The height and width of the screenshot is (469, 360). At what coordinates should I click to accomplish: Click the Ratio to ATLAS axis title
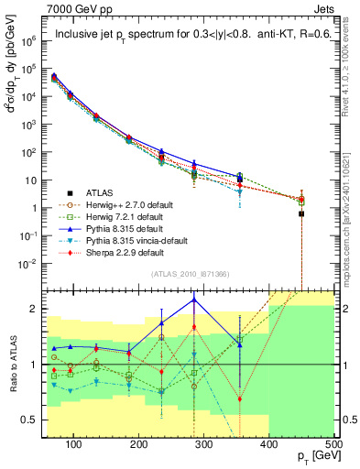12,365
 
